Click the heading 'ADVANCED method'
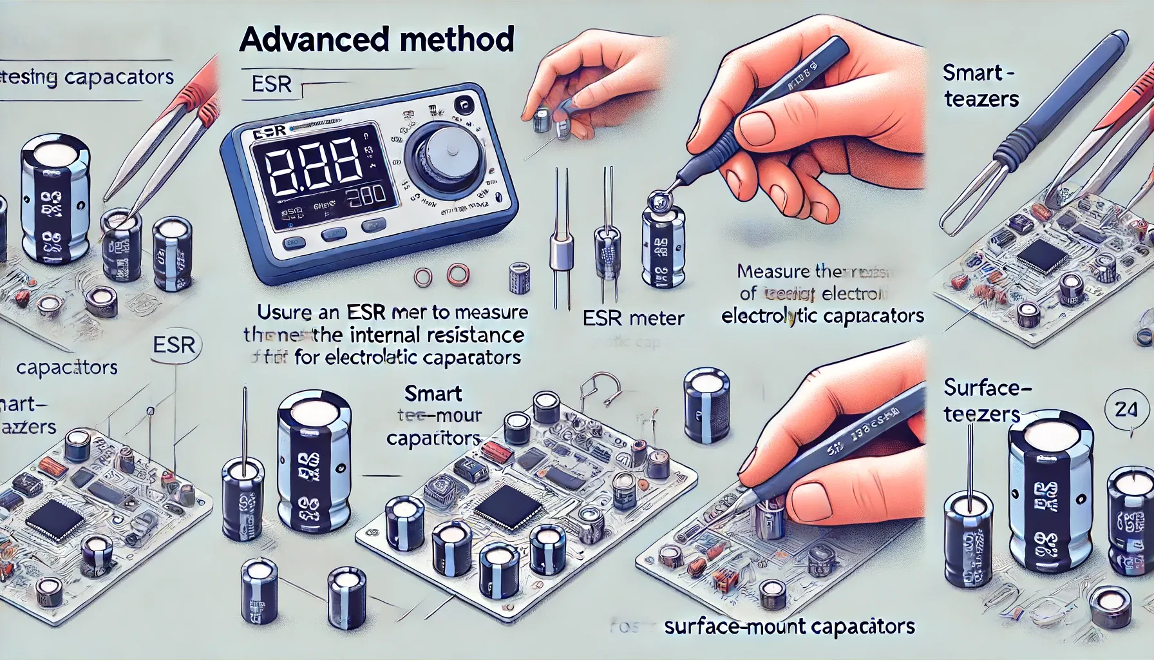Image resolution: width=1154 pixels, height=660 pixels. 376,40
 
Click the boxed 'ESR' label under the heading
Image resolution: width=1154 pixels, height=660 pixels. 272,84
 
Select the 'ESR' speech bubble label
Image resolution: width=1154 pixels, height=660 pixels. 175,345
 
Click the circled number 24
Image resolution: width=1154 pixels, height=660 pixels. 1125,409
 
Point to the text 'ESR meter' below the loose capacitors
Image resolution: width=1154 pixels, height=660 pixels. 633,318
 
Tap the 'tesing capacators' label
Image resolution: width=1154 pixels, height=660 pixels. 87,78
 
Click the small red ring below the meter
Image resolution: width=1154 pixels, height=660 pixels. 457,277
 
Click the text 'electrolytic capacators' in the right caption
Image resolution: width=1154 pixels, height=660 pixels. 822,316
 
